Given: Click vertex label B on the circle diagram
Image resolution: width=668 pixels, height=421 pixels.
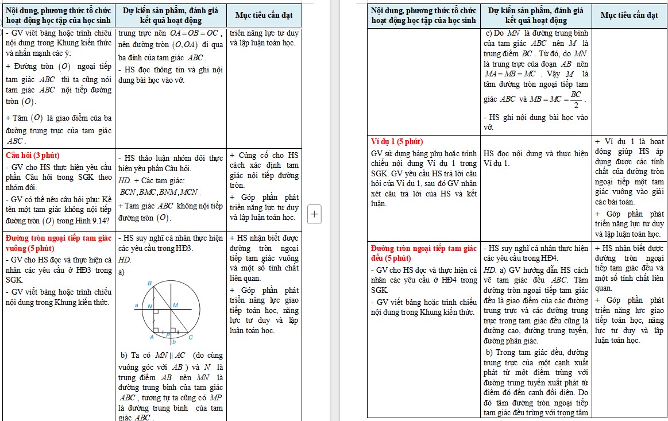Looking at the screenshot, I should [x=150, y=283].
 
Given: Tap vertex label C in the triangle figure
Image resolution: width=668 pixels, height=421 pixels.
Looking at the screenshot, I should [x=191, y=337].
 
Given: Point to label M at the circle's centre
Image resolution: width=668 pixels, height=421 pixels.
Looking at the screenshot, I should [x=175, y=305].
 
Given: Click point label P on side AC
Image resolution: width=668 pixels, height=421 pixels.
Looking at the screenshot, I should [x=168, y=334].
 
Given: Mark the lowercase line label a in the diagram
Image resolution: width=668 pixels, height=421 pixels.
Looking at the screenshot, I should [x=137, y=305].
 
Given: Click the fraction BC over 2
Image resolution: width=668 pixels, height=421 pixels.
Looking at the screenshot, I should [x=576, y=99].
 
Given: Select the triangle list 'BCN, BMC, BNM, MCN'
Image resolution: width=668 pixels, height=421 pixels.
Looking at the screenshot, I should [x=159, y=192].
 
